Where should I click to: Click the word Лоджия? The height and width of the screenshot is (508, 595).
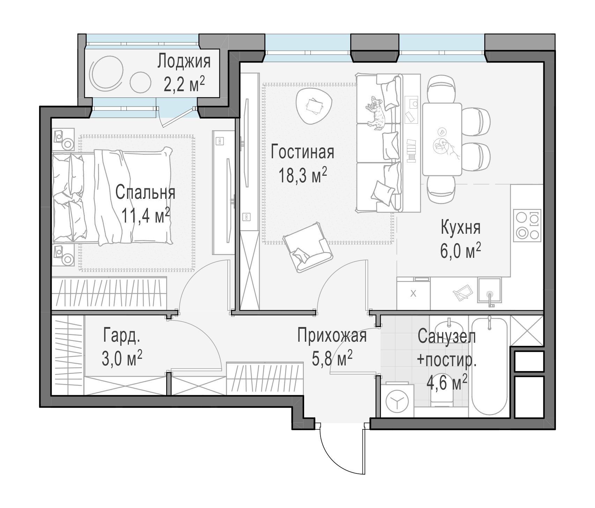tap(184, 61)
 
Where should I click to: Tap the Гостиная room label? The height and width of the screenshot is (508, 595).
tap(302, 152)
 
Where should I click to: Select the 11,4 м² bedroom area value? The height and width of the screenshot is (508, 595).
tap(146, 215)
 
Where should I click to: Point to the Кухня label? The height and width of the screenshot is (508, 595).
tap(461, 228)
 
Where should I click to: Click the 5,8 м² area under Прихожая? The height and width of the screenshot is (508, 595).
tap(332, 359)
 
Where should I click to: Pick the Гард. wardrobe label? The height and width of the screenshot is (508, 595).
tap(122, 336)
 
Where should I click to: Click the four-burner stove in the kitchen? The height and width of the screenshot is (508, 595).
tap(527, 226)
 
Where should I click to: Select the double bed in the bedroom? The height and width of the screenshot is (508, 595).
tap(112, 196)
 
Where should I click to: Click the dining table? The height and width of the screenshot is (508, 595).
tap(442, 139)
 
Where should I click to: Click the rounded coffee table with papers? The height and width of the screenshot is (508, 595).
tap(313, 105)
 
